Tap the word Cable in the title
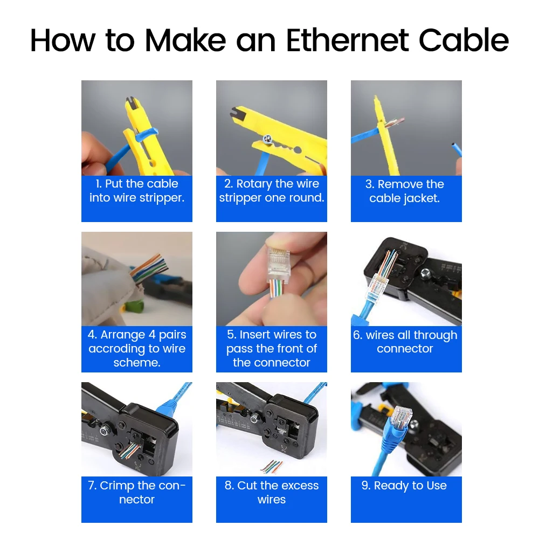pyautogui.click(x=464, y=40)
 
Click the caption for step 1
pyautogui.click(x=137, y=191)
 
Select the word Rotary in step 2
pyautogui.click(x=254, y=184)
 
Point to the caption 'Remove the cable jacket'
pyautogui.click(x=405, y=191)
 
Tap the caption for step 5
pyautogui.click(x=272, y=349)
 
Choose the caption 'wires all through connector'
pyautogui.click(x=405, y=342)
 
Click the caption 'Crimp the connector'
pyautogui.click(x=137, y=493)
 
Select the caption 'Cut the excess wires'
pyautogui.click(x=272, y=493)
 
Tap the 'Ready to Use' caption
pyautogui.click(x=404, y=486)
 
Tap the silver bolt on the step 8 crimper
pyautogui.click(x=254, y=417)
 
